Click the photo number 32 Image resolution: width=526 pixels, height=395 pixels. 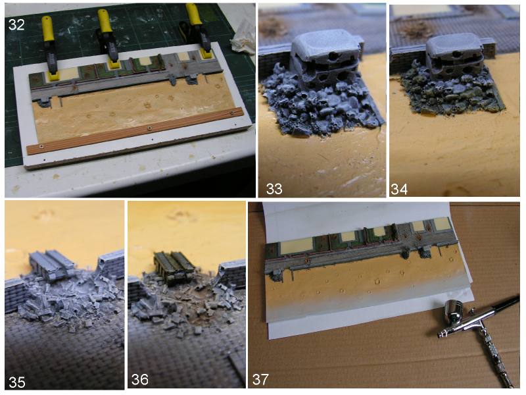click(x=16, y=24)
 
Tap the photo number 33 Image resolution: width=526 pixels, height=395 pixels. click(x=274, y=189)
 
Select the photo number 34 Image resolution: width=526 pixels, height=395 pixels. click(x=399, y=189)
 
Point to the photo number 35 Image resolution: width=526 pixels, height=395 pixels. click(x=17, y=382)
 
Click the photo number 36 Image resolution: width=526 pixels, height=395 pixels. click(x=139, y=380)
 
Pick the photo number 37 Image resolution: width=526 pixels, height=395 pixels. click(x=260, y=380)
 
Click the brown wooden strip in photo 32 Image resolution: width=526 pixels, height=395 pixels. click(x=135, y=131)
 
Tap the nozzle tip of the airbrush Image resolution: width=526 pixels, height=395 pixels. click(x=439, y=334)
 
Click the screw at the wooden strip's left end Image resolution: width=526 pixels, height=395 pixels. click(x=41, y=146)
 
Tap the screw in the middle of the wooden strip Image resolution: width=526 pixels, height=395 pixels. click(x=149, y=128)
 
